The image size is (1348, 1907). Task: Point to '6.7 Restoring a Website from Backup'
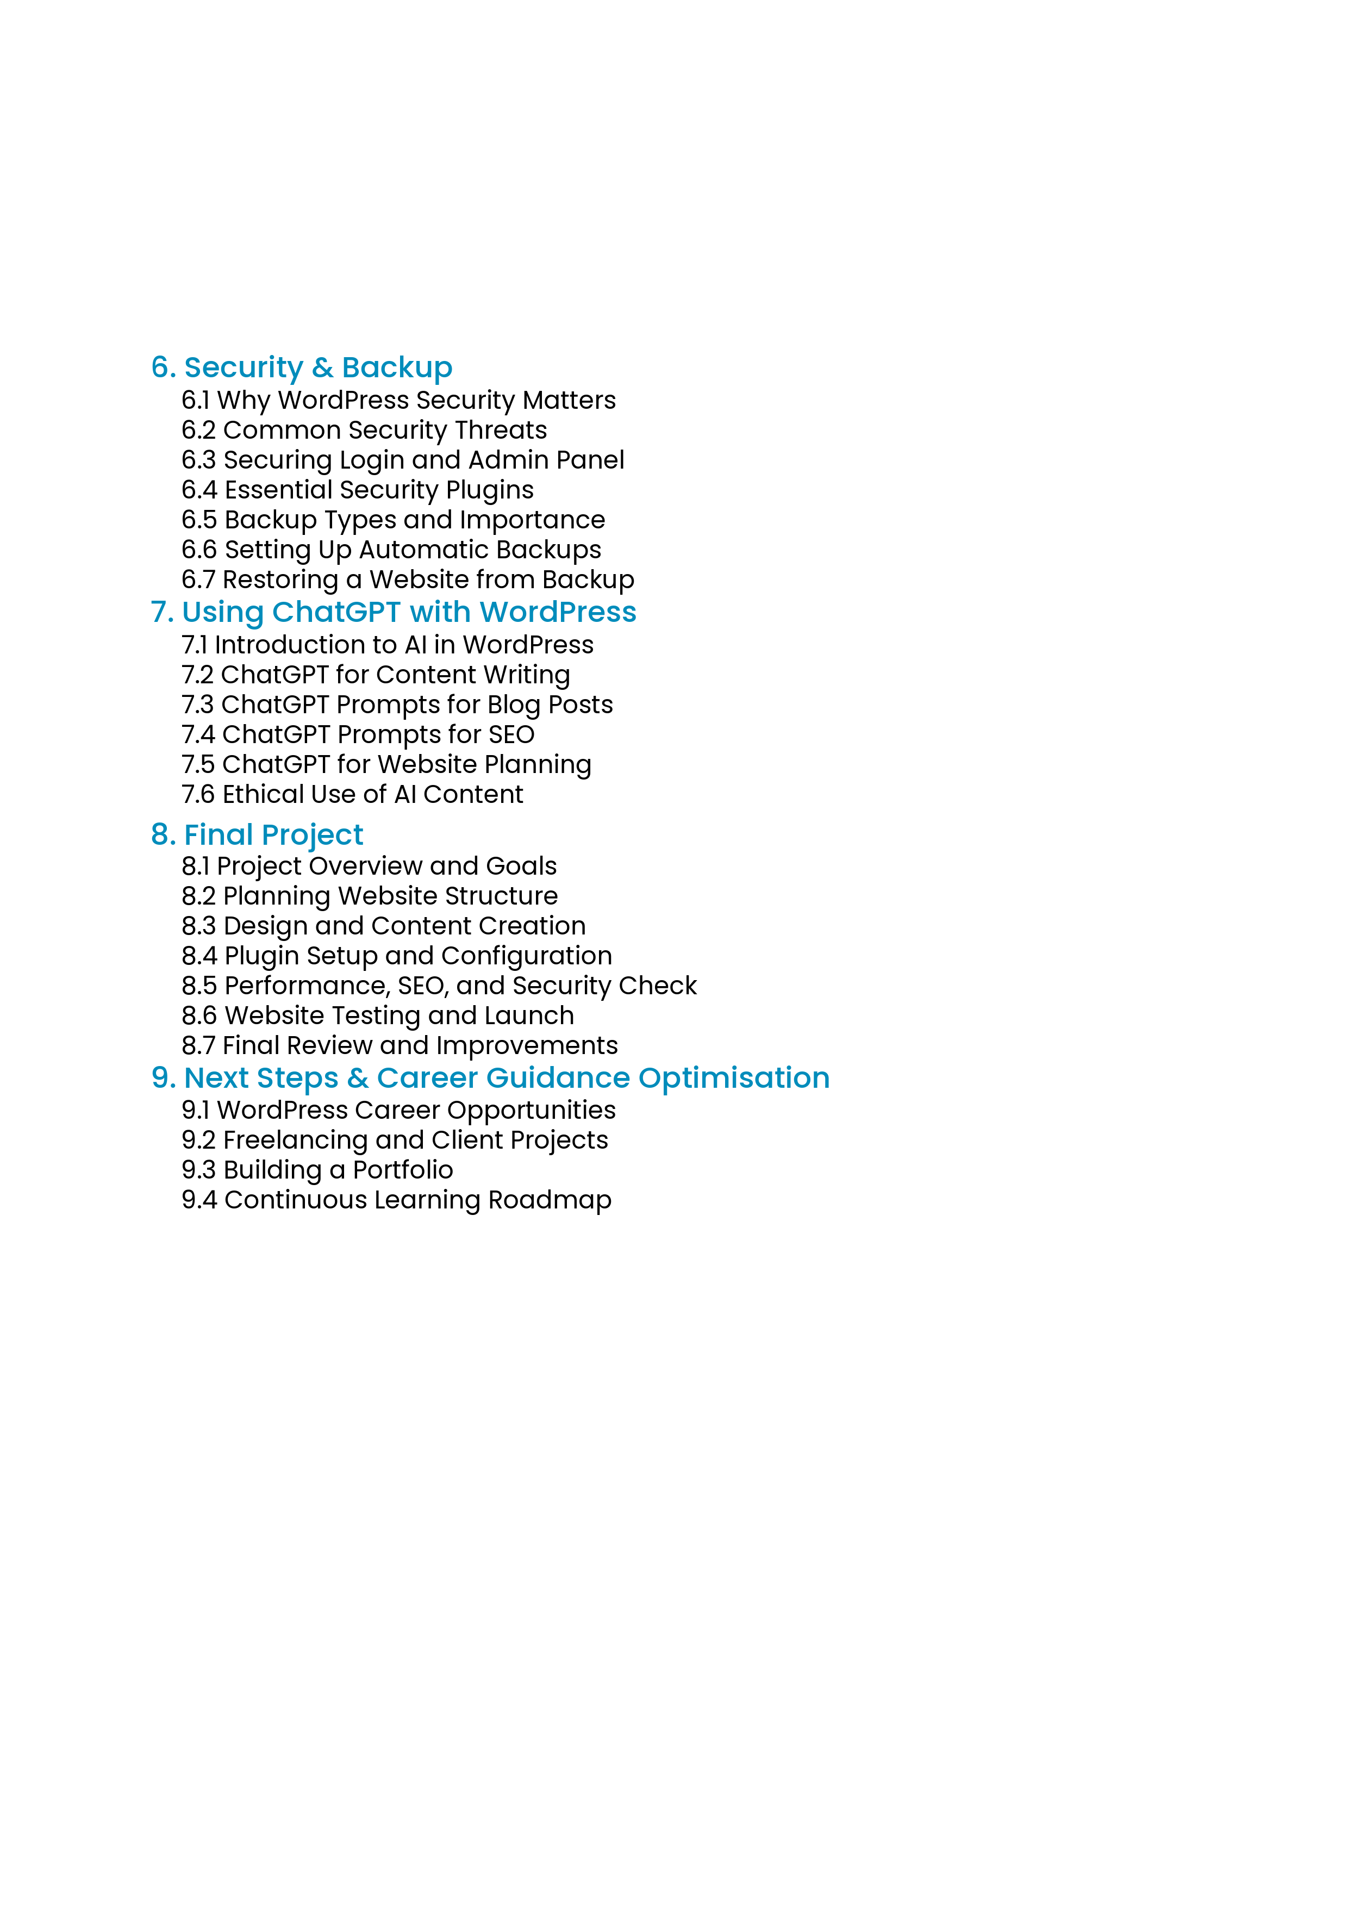coord(408,579)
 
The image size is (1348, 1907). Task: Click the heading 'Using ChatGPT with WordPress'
coord(409,612)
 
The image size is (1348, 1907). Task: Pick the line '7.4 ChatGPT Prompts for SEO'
coord(358,735)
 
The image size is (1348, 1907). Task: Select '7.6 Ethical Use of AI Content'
coord(352,795)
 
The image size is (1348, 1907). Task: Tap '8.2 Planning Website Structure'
coord(370,896)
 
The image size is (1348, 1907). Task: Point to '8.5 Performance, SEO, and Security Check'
coord(439,986)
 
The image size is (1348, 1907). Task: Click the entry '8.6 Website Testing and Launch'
coord(378,1016)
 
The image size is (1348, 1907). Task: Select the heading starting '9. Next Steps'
coord(490,1078)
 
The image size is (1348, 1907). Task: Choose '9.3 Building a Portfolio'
coord(317,1170)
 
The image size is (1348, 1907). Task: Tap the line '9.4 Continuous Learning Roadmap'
coord(396,1200)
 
